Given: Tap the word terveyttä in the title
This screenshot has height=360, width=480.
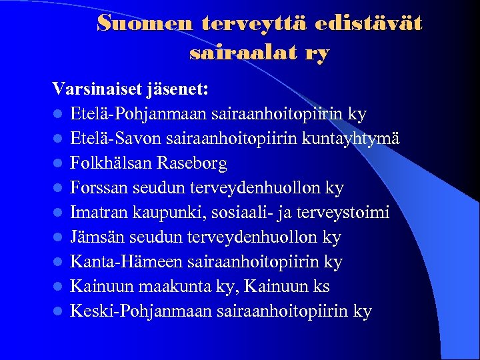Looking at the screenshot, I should (236, 24).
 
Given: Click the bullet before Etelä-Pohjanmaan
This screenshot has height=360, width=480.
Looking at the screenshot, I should (59, 115).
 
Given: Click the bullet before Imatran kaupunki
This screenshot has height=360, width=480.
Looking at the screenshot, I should (59, 213).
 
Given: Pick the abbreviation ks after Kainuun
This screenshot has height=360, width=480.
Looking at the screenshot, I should (319, 287).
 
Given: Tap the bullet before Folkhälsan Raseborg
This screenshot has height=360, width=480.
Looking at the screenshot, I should (59, 164).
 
